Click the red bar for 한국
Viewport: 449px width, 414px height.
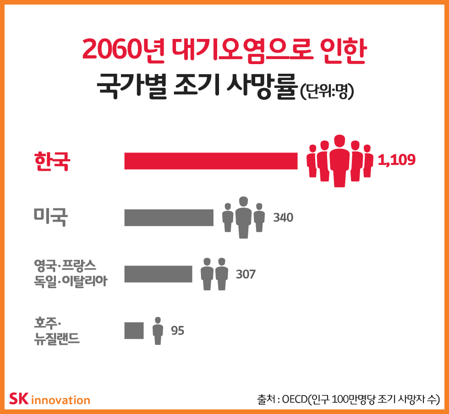(211, 161)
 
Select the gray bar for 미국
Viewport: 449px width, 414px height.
(169, 218)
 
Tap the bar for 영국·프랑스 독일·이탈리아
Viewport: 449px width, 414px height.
(158, 274)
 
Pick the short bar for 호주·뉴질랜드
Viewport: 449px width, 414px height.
(134, 330)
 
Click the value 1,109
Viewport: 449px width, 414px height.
(396, 160)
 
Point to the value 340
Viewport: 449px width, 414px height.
(283, 217)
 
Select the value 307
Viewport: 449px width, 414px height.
(246, 274)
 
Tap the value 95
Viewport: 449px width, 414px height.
(177, 330)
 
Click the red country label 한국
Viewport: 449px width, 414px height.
(52, 161)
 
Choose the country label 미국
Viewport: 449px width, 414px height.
(51, 217)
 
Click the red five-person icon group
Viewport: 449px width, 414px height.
(339, 161)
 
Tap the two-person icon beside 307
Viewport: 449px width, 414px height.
(214, 274)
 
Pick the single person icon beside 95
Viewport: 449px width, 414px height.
(158, 330)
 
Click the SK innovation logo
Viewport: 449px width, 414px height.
(49, 399)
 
